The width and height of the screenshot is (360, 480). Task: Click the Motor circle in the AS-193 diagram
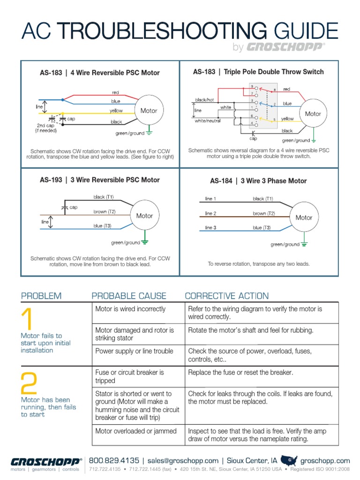pos(144,216)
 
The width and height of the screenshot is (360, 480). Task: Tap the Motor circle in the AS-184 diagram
pos(304,217)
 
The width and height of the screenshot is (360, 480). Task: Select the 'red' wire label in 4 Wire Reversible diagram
pos(115,92)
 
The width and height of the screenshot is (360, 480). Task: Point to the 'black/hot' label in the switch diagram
pos(205,100)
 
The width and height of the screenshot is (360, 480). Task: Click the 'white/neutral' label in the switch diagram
pos(208,120)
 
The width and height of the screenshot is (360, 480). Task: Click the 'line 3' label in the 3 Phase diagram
pos(210,228)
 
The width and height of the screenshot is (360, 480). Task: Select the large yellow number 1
pos(27,320)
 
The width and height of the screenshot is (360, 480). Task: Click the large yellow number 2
pos(30,382)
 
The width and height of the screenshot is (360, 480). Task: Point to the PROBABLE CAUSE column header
pos(129,296)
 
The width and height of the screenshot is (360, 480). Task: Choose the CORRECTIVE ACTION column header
pos(227,296)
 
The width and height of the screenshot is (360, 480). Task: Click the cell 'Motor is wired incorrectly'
pos(130,309)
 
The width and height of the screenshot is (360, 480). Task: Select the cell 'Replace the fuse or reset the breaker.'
pos(240,373)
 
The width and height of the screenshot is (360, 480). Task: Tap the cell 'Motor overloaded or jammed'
pos(136,431)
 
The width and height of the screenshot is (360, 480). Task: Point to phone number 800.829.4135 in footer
pos(114,461)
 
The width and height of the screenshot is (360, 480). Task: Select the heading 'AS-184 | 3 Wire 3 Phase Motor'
pos(258,181)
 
